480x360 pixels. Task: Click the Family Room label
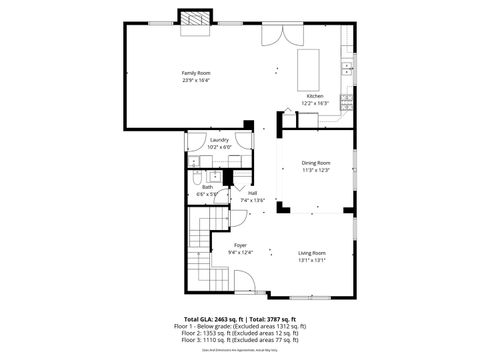(x=196, y=73)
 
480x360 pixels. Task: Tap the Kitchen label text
(x=315, y=96)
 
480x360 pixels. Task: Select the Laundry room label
(x=219, y=140)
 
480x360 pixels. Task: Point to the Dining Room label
(x=315, y=163)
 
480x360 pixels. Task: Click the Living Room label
(x=312, y=253)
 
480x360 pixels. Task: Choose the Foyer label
(x=240, y=245)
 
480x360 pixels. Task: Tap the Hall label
(x=253, y=193)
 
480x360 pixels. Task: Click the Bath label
(x=207, y=186)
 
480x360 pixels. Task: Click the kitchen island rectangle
(x=310, y=69)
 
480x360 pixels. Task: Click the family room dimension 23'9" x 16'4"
(x=196, y=80)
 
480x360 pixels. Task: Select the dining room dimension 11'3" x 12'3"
(x=315, y=170)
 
